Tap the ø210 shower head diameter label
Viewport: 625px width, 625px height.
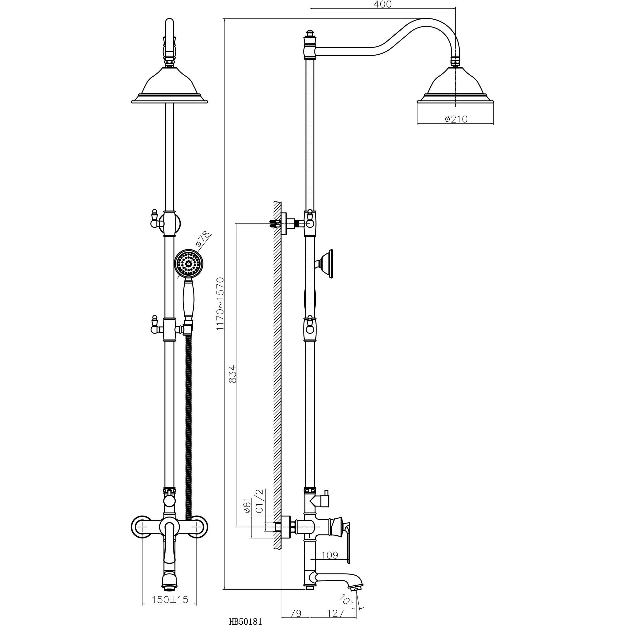456,119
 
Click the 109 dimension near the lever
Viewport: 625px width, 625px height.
330,555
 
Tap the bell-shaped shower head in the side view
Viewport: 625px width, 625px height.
456,87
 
